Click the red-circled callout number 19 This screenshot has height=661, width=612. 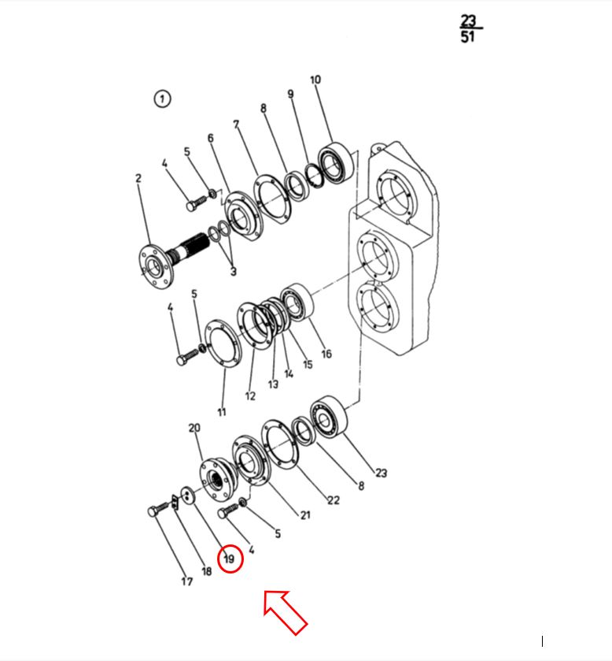[x=230, y=559]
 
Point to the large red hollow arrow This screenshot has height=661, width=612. [x=285, y=611]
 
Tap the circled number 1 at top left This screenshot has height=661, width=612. [x=163, y=99]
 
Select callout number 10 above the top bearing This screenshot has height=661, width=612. [x=315, y=80]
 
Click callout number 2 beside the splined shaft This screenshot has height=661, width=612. [x=138, y=178]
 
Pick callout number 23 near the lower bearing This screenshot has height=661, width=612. [x=382, y=473]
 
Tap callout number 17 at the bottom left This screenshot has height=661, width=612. [x=187, y=581]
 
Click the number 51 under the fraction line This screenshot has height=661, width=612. [x=467, y=37]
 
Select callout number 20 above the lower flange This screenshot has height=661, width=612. [x=194, y=428]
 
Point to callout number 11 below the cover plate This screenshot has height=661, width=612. [x=222, y=412]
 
